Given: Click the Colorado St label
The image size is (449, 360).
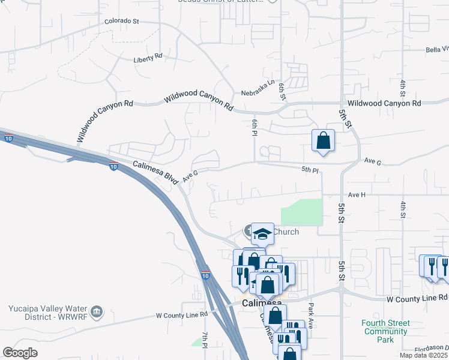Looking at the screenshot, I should point(121,21).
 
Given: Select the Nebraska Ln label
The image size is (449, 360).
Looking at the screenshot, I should point(258,93).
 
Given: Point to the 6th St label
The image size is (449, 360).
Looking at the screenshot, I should point(281,91).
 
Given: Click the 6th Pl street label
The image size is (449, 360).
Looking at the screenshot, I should point(255,128).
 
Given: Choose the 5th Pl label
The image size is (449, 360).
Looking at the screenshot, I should point(310,170).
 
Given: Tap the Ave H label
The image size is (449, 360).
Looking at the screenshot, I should point(356,194).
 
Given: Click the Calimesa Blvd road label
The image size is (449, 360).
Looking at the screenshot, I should point(155,170).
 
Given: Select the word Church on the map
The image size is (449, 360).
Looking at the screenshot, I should point(286,232).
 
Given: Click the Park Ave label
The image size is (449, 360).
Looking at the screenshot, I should point(311,311).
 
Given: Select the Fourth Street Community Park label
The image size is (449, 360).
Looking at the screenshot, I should point(385,331).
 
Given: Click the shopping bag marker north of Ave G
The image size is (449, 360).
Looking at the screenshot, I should point(323,141).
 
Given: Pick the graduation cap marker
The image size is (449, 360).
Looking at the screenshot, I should point(262,233).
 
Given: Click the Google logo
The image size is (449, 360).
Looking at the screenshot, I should point(20,353).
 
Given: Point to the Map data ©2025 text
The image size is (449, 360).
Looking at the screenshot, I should point(424,355).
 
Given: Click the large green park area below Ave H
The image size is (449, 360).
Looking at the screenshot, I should point(302,212).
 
